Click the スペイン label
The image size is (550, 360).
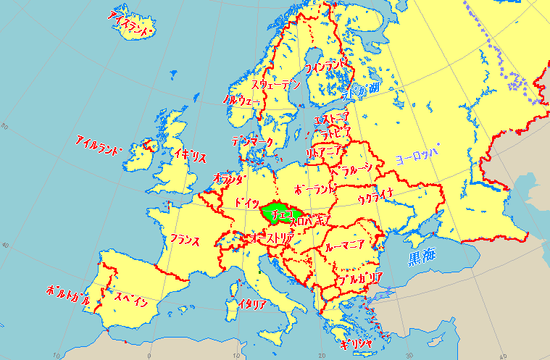(131, 297)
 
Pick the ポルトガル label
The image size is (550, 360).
(68, 295)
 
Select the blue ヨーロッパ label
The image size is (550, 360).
(417, 155)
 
